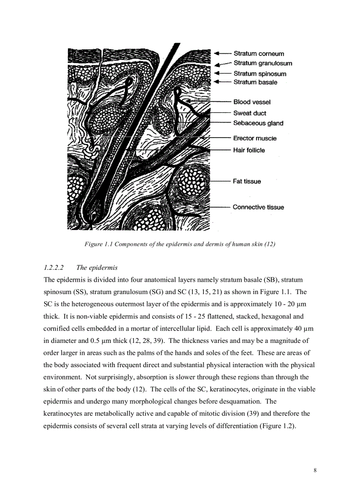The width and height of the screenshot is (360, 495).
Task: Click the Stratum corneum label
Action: point(259,54)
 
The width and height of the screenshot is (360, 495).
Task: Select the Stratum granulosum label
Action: point(262,63)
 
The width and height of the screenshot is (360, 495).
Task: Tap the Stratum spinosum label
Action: point(260,74)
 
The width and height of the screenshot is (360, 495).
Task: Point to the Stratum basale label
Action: point(255,82)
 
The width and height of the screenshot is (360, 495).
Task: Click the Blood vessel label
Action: point(252,102)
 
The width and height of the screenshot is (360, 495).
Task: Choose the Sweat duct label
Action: point(250,113)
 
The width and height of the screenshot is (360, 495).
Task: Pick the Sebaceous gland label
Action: point(258,123)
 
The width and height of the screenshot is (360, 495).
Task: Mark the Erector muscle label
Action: point(255,138)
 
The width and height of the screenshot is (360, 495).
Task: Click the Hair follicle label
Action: point(249,150)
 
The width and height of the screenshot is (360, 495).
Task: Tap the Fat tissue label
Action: point(247,181)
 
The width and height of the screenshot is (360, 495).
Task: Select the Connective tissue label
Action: point(259,207)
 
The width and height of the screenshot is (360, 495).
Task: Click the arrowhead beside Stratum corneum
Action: point(217,53)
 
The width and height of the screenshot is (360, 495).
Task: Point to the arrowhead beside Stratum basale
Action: point(217,82)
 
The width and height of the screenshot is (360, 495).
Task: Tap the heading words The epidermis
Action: point(97,268)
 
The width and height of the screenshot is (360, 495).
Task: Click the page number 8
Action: point(315,470)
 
